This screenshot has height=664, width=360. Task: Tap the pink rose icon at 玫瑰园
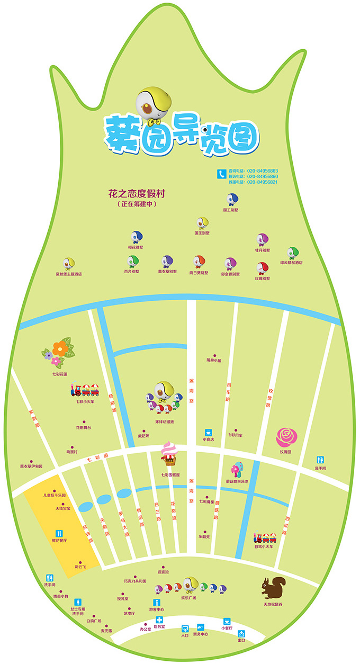click(x=286, y=437)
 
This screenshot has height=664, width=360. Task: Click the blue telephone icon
click(x=221, y=173)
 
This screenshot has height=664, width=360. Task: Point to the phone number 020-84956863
click(x=260, y=171)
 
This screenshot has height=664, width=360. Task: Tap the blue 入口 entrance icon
click(x=185, y=629)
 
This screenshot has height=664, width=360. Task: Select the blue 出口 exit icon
click(x=241, y=633)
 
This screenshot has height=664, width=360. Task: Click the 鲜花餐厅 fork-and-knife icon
click(x=59, y=533)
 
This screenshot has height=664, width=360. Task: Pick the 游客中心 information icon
click(x=156, y=603)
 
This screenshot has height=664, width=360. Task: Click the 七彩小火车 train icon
click(x=85, y=391)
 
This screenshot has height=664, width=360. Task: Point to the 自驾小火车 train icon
click(x=265, y=537)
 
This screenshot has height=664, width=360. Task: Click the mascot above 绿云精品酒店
click(x=292, y=253)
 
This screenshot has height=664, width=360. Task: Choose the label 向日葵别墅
click(x=199, y=272)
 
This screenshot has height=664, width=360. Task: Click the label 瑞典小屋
click(x=214, y=360)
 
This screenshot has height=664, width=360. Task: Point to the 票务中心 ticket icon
click(x=201, y=627)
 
